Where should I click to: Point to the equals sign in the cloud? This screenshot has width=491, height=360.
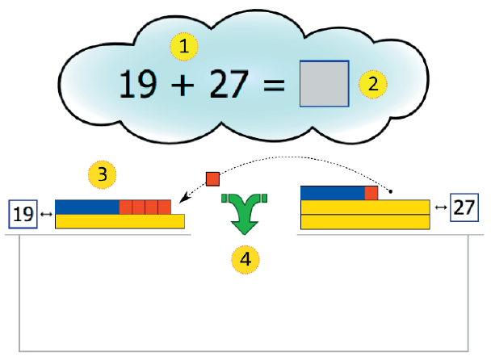click(x=276, y=85)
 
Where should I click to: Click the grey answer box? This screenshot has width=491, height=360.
click(x=324, y=84)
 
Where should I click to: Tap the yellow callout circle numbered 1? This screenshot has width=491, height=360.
click(x=185, y=46)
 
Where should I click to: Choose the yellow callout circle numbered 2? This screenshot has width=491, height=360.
click(x=373, y=83)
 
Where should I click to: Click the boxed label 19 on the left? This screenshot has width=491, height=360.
click(x=23, y=214)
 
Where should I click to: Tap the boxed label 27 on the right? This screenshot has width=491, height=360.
click(x=464, y=207)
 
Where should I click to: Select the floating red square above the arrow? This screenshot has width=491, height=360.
click(x=213, y=178)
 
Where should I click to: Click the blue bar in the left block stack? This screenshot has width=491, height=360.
click(x=87, y=207)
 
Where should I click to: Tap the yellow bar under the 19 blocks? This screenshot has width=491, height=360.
click(x=120, y=221)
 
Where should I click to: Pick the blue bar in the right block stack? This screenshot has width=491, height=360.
click(x=332, y=193)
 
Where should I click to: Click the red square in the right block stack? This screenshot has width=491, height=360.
click(x=371, y=193)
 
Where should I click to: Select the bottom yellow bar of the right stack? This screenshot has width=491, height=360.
click(x=364, y=222)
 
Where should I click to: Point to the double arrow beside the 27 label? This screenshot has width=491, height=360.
click(x=440, y=207)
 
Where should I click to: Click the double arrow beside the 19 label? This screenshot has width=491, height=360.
click(x=45, y=214)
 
